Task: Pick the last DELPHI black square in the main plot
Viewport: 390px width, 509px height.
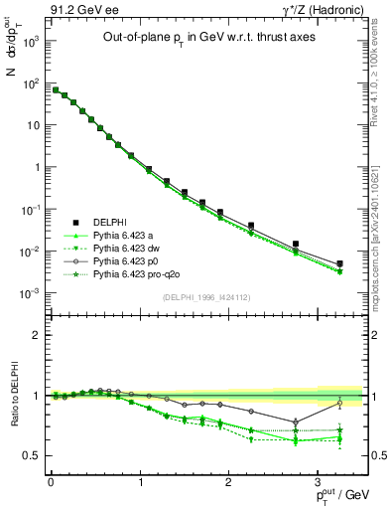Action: [340, 263]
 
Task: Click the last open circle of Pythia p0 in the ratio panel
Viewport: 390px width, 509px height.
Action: [340, 403]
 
